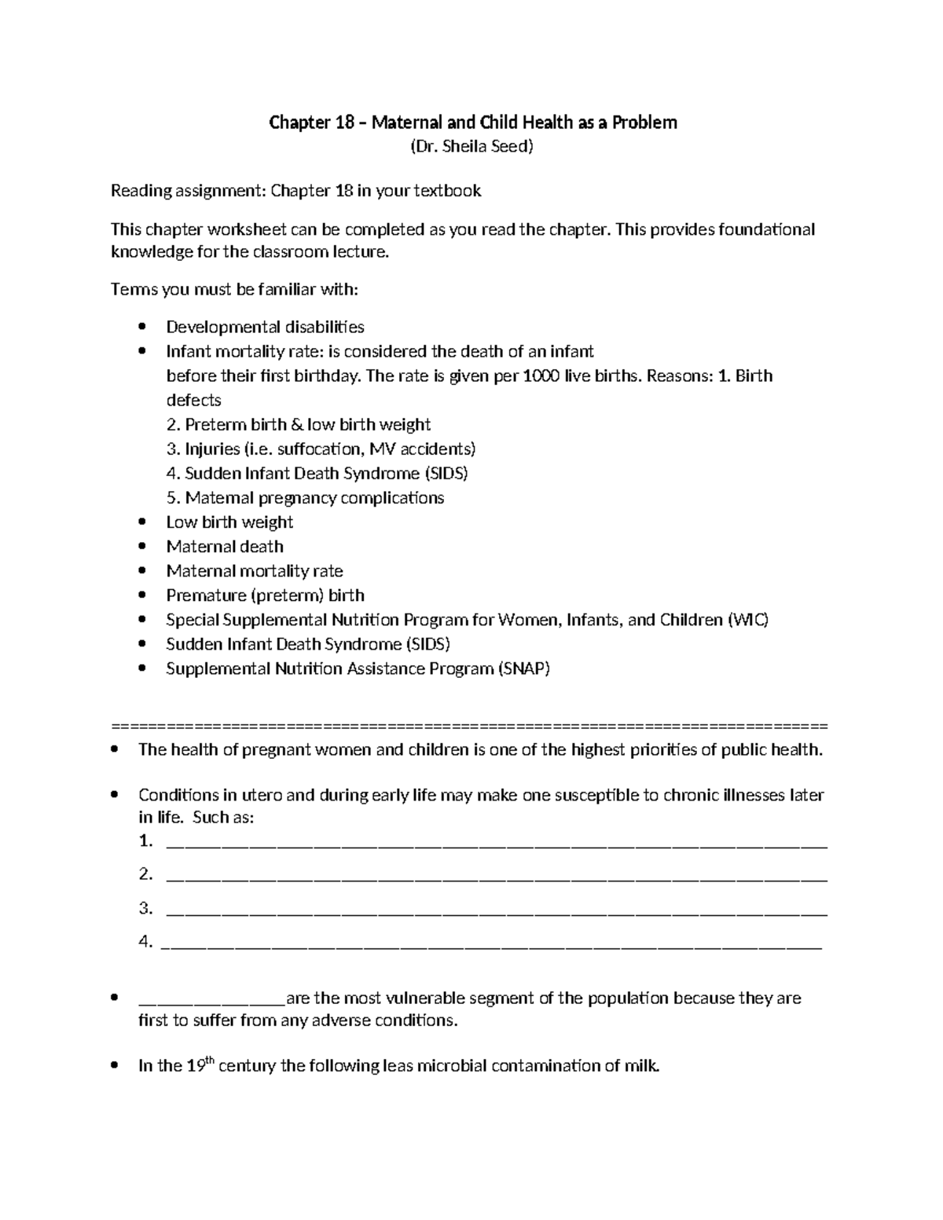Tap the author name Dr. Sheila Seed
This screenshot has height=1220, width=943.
pyautogui.click(x=472, y=147)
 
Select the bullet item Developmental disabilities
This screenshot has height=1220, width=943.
pyautogui.click(x=265, y=327)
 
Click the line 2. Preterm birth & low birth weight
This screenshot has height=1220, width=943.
pyautogui.click(x=299, y=425)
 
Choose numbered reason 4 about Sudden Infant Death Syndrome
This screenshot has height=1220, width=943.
pyautogui.click(x=317, y=474)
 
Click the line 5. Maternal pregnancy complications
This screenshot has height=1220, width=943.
pyautogui.click(x=305, y=498)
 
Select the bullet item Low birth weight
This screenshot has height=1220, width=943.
pyautogui.click(x=229, y=522)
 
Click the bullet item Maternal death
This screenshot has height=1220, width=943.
pyautogui.click(x=225, y=547)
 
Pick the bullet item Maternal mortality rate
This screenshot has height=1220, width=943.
pyautogui.click(x=254, y=571)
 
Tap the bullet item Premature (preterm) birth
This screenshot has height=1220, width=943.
pyautogui.click(x=265, y=595)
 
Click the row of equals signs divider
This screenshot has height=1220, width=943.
pyautogui.click(x=470, y=724)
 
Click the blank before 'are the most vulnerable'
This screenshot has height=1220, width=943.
pyautogui.click(x=211, y=1001)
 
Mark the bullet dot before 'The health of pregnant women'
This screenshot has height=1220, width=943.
pyautogui.click(x=116, y=750)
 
